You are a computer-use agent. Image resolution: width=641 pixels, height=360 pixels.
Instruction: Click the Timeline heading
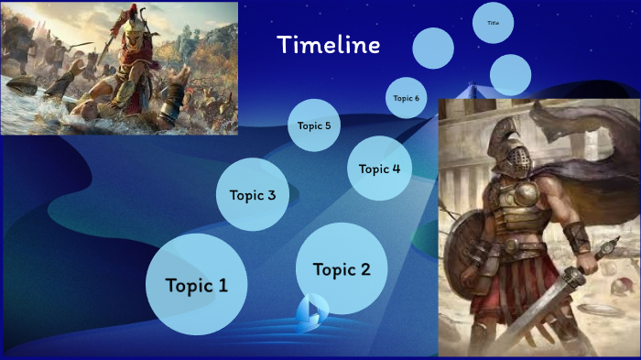(x=328, y=45)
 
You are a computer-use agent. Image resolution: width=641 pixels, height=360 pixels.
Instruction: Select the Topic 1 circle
(x=196, y=284)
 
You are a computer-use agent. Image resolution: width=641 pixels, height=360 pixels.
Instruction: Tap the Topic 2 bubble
(x=342, y=268)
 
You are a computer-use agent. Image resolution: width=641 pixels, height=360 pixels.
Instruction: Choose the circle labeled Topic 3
(x=253, y=194)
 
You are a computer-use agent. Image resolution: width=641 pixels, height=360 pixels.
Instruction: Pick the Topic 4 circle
(x=379, y=169)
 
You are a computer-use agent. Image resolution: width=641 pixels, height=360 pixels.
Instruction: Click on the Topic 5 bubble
(x=314, y=125)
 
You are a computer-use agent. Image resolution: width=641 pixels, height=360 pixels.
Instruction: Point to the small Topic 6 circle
(x=406, y=98)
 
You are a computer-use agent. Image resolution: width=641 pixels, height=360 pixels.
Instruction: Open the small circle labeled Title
(x=494, y=23)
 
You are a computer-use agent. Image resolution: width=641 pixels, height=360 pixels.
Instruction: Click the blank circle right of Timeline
(x=433, y=48)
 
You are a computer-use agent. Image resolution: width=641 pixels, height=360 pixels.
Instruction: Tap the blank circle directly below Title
(x=510, y=74)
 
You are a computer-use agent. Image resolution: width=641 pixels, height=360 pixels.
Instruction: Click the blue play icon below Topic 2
(x=312, y=311)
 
